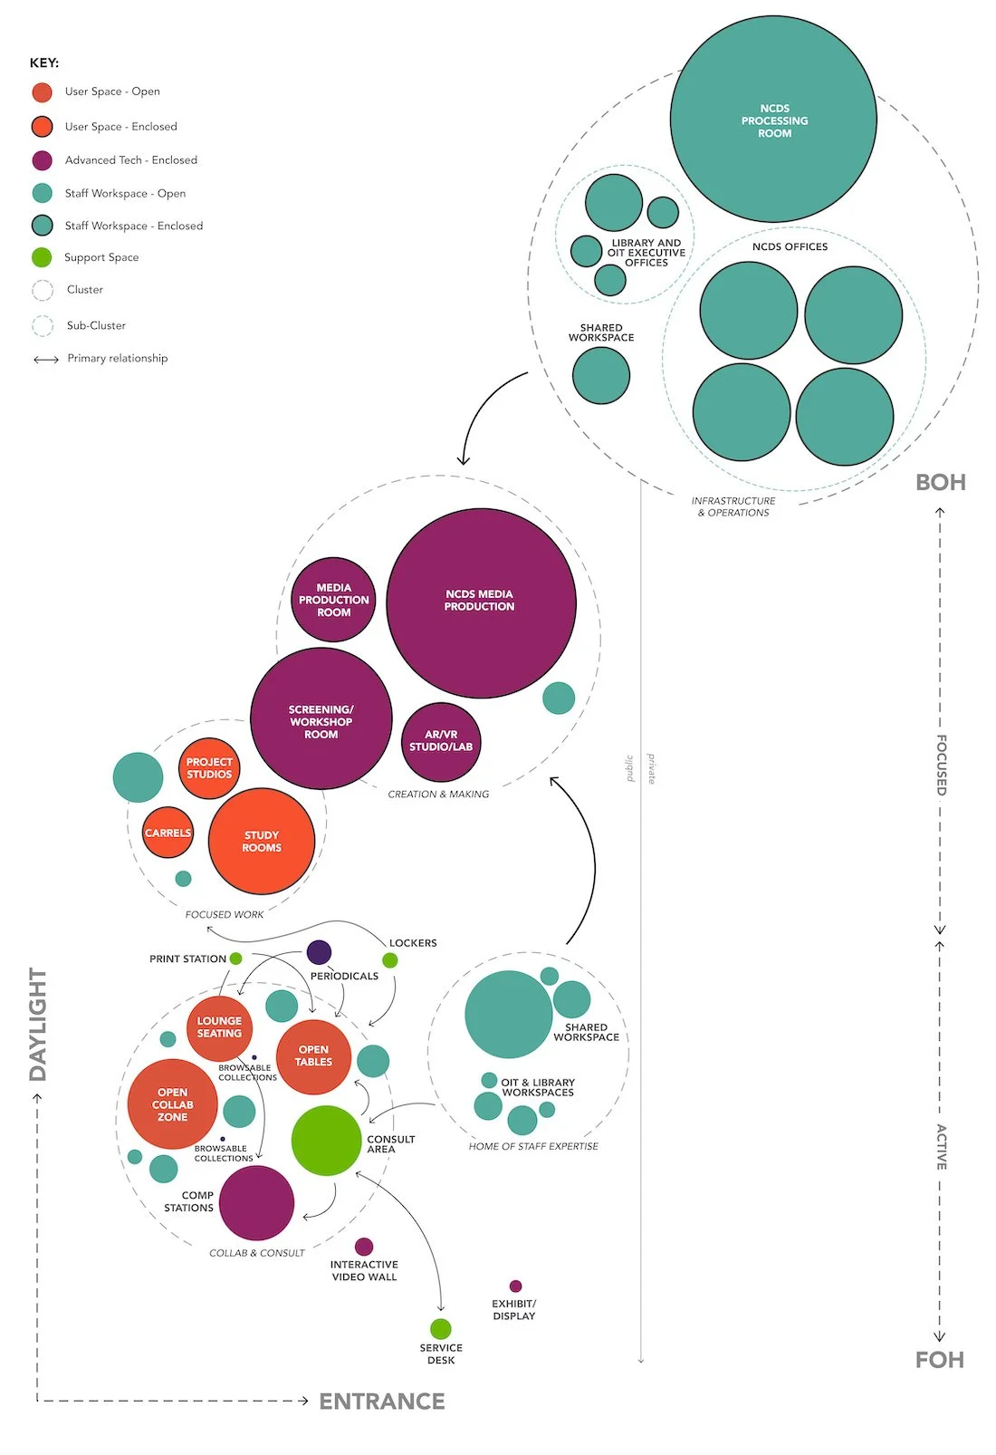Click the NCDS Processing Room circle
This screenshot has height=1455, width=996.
click(x=773, y=119)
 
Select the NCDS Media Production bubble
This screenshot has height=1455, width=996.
click(x=481, y=602)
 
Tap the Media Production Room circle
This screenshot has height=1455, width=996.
click(x=333, y=600)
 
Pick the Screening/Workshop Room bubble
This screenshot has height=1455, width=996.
click(x=321, y=719)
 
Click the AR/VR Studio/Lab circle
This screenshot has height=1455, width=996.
click(x=441, y=742)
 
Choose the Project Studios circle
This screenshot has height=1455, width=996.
click(x=209, y=768)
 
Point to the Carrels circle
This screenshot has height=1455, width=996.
click(x=168, y=833)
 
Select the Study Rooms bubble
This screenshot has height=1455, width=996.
click(x=262, y=842)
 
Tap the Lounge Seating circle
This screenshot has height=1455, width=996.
click(x=219, y=1027)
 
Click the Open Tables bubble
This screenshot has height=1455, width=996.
click(x=313, y=1056)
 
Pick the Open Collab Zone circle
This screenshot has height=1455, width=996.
click(x=172, y=1104)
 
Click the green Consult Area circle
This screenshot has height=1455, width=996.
click(x=326, y=1141)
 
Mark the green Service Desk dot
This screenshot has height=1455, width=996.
click(x=441, y=1329)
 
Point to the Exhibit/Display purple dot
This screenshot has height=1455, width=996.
click(x=515, y=1286)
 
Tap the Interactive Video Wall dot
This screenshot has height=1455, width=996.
click(x=364, y=1247)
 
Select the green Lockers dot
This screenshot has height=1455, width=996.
click(x=390, y=960)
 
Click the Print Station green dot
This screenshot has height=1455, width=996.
click(x=235, y=959)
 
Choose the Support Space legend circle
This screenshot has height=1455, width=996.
click(x=42, y=257)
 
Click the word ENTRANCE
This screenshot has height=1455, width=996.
click(x=382, y=1402)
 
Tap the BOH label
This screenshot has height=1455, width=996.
click(x=941, y=483)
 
